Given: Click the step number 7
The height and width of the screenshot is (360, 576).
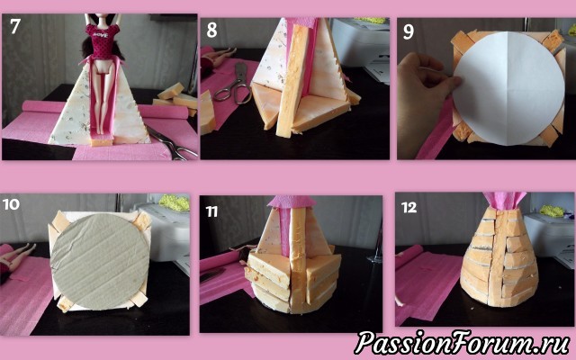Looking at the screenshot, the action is (x=14, y=26).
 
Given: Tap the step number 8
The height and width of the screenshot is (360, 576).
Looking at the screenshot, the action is (x=211, y=30).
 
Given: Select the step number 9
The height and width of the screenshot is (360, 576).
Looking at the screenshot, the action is (x=408, y=31).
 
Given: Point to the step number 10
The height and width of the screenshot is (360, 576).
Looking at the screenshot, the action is (x=11, y=204).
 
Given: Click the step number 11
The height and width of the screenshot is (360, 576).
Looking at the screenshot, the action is (x=211, y=211).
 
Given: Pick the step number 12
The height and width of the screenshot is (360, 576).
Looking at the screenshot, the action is (x=409, y=208).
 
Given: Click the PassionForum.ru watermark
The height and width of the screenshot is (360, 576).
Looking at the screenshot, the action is (x=462, y=343).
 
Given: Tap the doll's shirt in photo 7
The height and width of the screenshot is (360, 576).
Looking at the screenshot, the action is (x=100, y=41).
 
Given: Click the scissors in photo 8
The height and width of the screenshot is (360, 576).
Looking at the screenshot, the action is (x=232, y=83).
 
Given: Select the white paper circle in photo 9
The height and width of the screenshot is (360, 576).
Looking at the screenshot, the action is (x=509, y=88).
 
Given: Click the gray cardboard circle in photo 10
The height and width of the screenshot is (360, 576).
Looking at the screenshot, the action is (x=99, y=261).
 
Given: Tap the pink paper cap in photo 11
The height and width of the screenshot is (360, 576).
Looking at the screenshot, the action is (x=292, y=202).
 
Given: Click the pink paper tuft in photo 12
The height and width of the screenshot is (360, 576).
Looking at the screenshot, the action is (x=501, y=202).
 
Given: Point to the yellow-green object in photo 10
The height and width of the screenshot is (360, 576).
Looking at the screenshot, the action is (x=174, y=202).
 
